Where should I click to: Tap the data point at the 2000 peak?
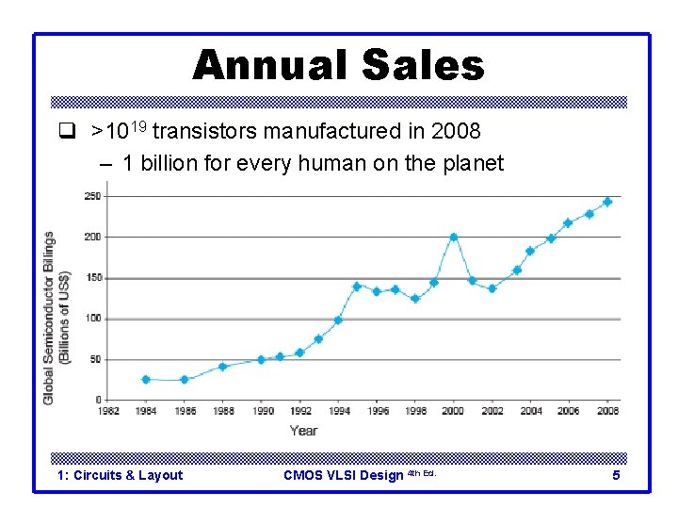click(453, 237)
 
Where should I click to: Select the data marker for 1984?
click(146, 379)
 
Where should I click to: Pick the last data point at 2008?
click(607, 202)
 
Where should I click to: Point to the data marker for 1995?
click(357, 287)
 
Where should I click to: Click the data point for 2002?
click(492, 288)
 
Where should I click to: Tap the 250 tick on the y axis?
click(93, 196)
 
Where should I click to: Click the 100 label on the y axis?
click(93, 319)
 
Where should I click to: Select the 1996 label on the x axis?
click(377, 411)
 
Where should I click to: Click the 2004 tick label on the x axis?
click(530, 411)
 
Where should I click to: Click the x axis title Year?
click(303, 431)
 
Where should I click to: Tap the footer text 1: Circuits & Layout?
click(120, 475)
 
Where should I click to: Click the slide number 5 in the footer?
click(616, 475)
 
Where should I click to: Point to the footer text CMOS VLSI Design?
click(343, 475)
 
